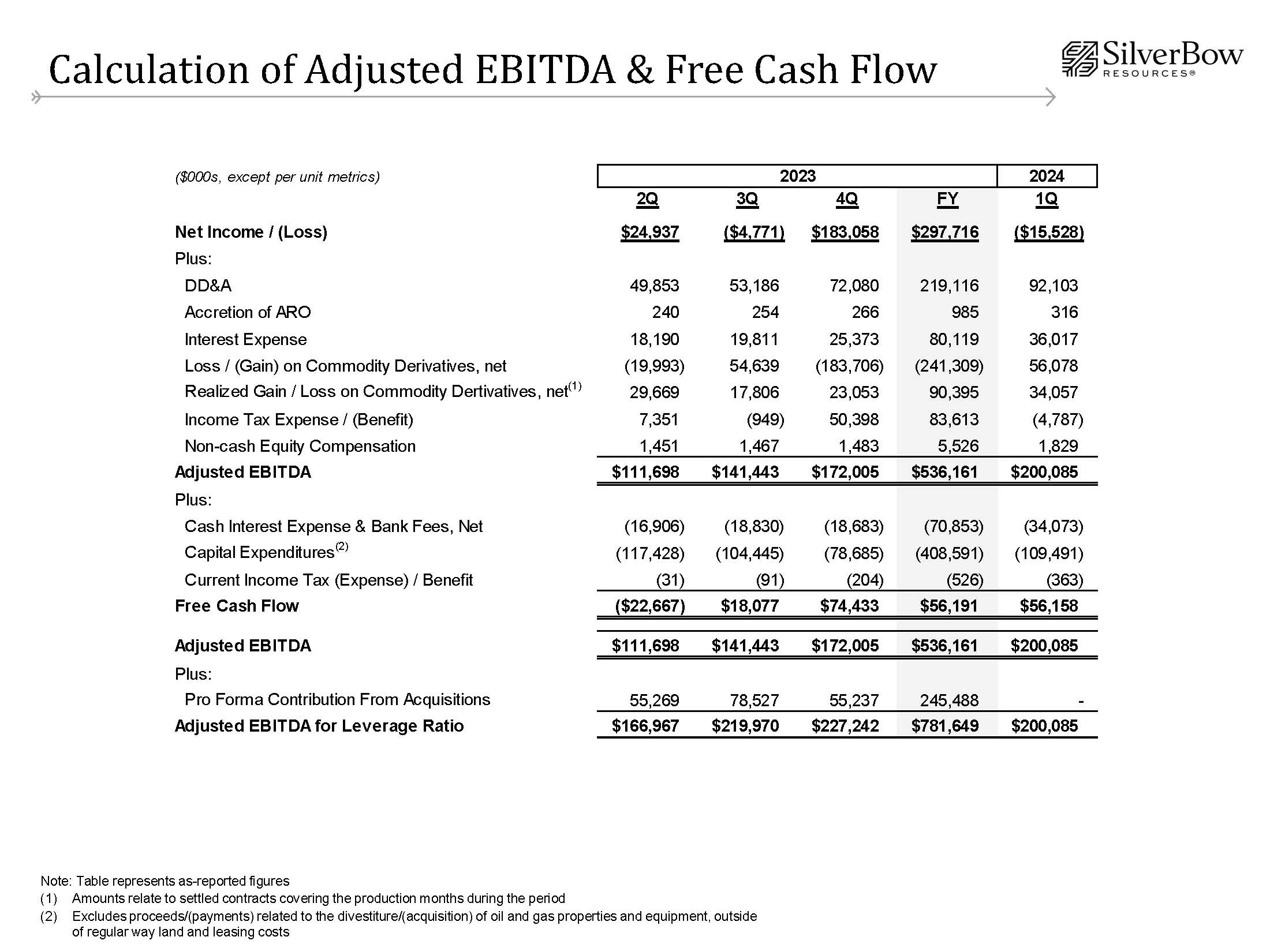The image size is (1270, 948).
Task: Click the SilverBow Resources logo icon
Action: click(1079, 59)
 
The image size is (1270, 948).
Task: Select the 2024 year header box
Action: click(1046, 176)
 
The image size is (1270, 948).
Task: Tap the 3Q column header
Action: click(747, 199)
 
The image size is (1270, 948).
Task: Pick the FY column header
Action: click(947, 199)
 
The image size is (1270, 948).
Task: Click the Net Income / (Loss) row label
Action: click(251, 232)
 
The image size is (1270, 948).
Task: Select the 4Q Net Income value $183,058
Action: click(845, 233)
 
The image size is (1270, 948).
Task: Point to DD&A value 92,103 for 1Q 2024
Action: click(1053, 286)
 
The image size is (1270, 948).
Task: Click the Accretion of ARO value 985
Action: click(965, 312)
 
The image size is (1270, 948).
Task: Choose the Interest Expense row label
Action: click(245, 339)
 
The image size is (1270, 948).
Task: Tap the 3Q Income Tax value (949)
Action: click(765, 419)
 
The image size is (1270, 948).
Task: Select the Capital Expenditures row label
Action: click(259, 553)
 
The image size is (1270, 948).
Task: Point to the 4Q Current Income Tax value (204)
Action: click(865, 580)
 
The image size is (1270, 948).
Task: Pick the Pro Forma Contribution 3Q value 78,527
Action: click(754, 700)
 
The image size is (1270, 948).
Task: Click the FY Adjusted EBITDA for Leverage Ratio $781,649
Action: click(945, 726)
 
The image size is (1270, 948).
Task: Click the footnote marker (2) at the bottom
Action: click(48, 916)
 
